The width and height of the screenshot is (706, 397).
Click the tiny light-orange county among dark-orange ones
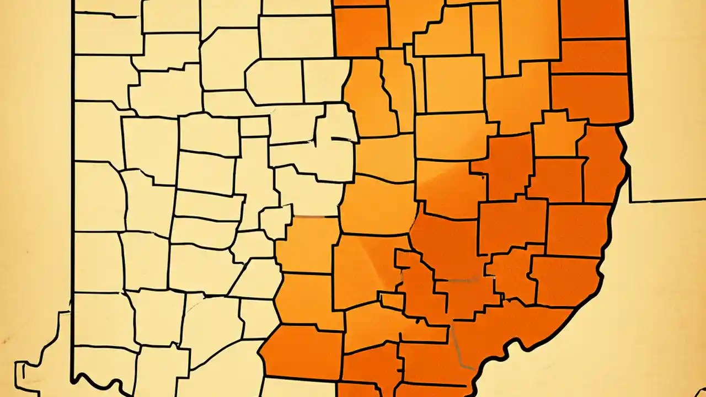(392, 301)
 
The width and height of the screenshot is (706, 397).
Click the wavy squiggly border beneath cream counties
(105, 383)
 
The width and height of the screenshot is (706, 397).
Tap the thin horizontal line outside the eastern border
(667, 200)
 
